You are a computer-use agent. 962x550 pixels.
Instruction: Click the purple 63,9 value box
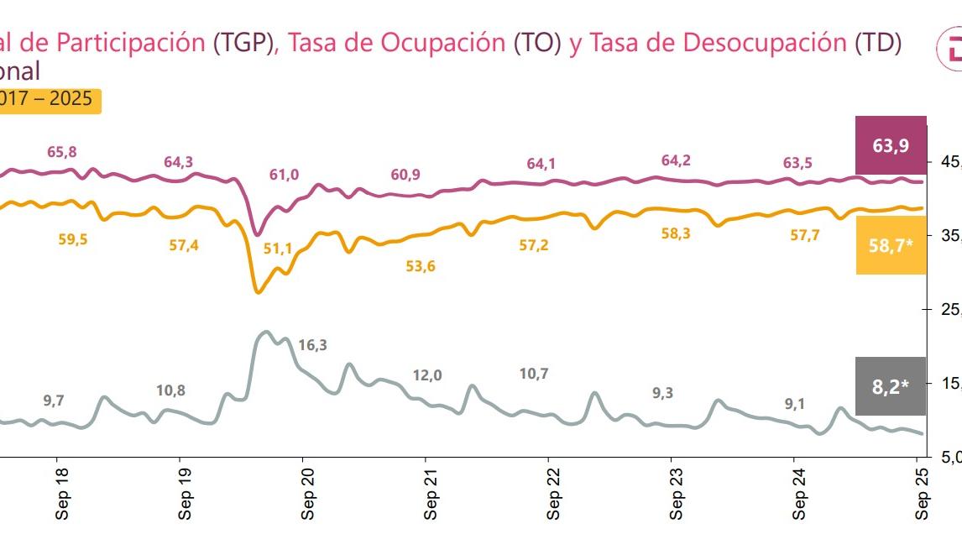click(891, 146)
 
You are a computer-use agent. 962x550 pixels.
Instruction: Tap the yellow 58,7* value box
click(891, 245)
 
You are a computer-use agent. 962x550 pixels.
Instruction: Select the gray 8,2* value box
click(891, 386)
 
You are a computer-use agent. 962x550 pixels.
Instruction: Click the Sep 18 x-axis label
click(62, 501)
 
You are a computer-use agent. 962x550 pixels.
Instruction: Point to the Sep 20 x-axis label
click(308, 501)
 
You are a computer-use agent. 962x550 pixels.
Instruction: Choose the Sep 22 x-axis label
click(554, 501)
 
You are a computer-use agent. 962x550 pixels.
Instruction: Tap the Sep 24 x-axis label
click(800, 501)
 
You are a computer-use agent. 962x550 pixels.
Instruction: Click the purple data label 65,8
click(61, 152)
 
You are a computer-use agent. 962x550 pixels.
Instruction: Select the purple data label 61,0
click(284, 175)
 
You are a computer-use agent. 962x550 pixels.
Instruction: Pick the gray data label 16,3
click(312, 344)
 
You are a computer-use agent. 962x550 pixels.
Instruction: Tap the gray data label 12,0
click(426, 375)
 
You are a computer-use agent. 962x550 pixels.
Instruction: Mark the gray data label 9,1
click(794, 404)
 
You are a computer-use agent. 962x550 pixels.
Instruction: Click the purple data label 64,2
click(676, 160)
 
